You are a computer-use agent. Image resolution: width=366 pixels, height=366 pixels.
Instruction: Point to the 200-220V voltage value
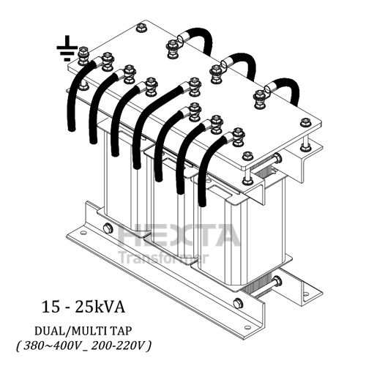pos(119,344)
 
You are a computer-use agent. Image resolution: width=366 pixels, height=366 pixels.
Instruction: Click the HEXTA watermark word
pos(179,236)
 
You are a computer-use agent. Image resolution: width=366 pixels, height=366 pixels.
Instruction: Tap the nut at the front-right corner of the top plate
pos(247,156)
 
